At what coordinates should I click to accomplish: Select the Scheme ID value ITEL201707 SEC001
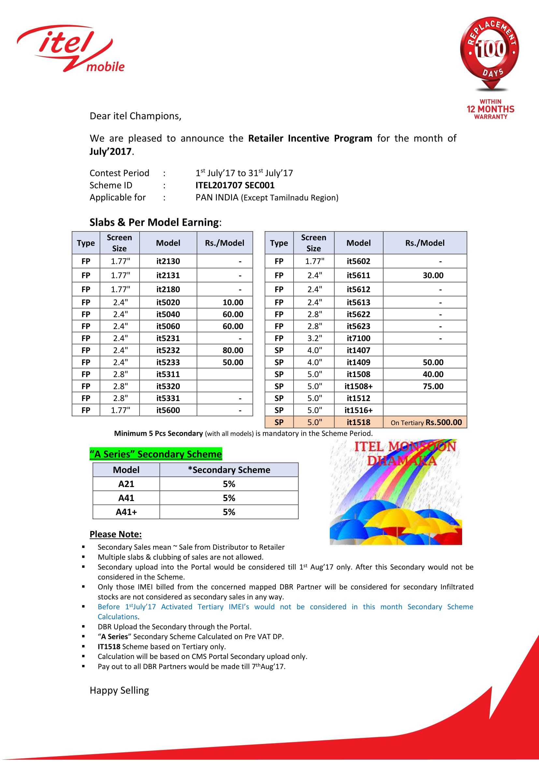coord(235,185)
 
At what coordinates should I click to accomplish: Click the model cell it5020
coord(168,302)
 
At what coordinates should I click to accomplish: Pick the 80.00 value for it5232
coord(233,350)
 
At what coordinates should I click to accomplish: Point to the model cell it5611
coord(358,275)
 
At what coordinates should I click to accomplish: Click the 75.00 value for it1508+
coord(433,386)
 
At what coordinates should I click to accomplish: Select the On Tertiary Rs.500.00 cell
coord(426,422)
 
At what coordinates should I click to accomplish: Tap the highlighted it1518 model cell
coord(358,422)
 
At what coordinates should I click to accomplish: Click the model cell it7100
coord(358,338)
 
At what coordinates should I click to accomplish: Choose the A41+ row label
coord(126,512)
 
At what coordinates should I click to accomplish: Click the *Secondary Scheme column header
coord(229,470)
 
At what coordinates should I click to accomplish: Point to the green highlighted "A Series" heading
coord(156,454)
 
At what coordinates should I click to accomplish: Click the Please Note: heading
coord(115,534)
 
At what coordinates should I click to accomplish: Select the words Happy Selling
coord(119,690)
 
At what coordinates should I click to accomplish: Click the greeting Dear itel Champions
coord(136,116)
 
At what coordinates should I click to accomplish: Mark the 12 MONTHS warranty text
coord(490,109)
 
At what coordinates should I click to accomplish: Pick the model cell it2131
coord(168,275)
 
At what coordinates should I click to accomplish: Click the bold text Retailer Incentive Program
coord(310,138)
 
